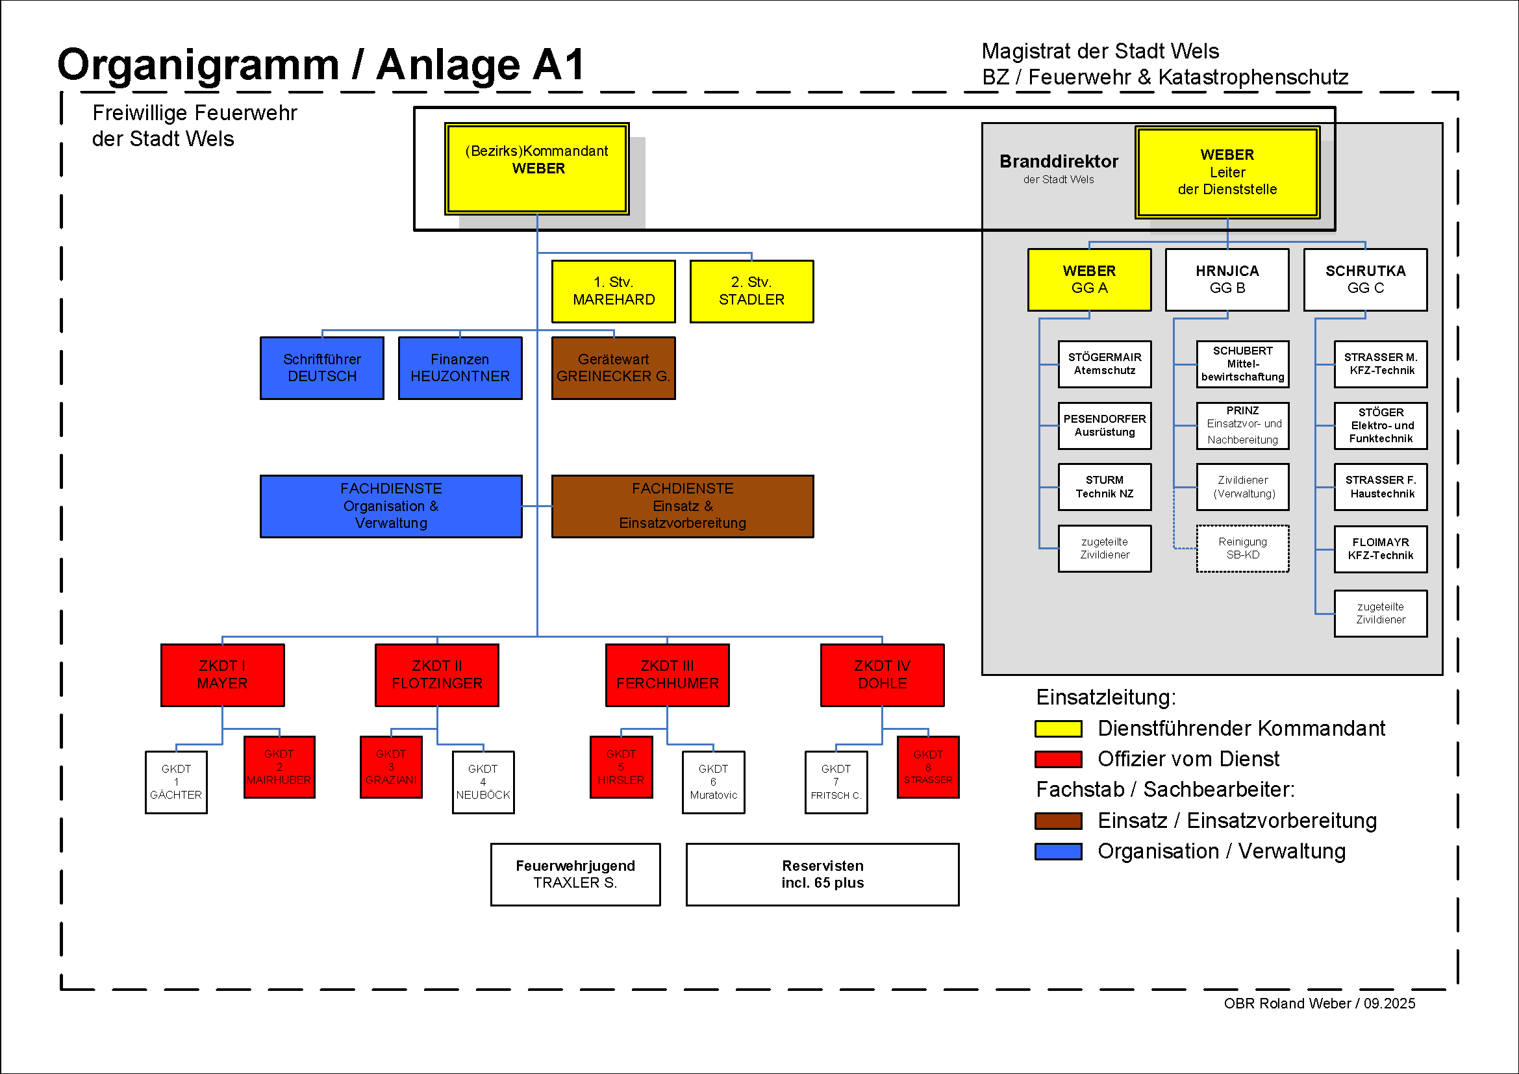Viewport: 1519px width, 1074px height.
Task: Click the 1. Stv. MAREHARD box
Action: coord(613,291)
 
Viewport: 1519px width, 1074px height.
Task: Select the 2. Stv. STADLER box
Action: coord(751,291)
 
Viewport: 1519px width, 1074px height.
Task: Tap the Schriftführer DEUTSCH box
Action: coord(322,368)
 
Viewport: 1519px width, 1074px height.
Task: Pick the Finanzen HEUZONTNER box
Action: coord(460,368)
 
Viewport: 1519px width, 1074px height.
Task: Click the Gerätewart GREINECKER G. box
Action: coord(613,368)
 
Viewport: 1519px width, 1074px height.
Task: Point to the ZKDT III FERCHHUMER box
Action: coord(667,675)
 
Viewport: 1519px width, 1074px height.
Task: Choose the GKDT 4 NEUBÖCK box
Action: coord(483,782)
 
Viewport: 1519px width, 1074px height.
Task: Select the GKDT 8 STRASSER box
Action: coord(927,767)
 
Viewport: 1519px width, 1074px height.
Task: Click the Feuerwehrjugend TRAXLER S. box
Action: coord(575,873)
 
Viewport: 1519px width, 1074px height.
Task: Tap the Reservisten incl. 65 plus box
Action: coord(822,873)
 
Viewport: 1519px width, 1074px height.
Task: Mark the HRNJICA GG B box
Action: coord(1227,279)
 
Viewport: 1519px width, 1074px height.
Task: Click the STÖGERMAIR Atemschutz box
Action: coord(1104,364)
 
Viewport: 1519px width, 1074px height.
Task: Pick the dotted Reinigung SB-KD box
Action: coord(1242,548)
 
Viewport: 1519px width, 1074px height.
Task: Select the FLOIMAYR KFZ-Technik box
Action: coord(1380,549)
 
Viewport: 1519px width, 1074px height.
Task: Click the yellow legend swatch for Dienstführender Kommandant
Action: coord(1058,729)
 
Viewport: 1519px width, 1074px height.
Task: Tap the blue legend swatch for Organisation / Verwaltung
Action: coord(1058,851)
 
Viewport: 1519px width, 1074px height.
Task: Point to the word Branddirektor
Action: coord(1059,162)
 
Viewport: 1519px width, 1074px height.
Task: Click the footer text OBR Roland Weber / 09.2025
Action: coord(1319,1003)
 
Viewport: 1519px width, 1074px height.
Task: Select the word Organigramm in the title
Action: coord(198,65)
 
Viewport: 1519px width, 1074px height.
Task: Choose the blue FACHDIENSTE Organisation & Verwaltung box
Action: coord(391,506)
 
